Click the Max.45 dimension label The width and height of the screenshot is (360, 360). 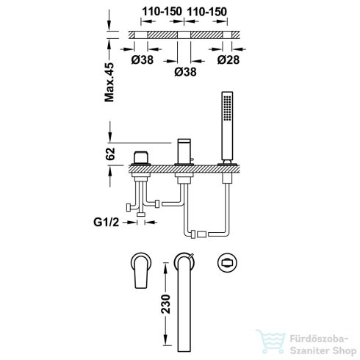coord(109,82)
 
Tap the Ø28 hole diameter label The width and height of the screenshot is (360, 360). coord(228,60)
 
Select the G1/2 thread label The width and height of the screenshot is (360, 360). coord(106,222)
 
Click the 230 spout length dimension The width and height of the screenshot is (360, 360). coord(165,304)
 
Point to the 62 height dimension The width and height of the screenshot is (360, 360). coord(110,154)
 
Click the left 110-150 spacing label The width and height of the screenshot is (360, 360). coord(162,12)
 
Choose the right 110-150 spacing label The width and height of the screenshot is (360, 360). coord(207,12)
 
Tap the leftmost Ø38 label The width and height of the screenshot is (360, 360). coord(143,60)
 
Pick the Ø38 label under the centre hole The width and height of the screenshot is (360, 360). coord(185,72)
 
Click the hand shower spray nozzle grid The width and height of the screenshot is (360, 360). coord(227,108)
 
